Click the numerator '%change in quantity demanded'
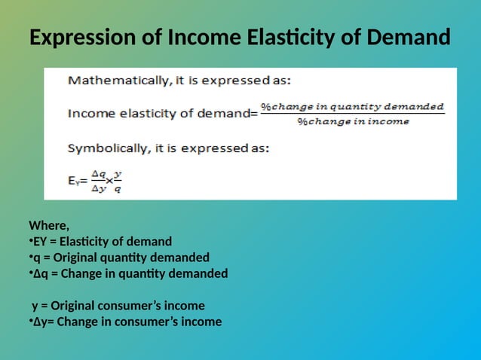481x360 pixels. tap(352, 106)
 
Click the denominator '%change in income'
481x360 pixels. tap(353, 121)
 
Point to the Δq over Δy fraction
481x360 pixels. tap(99, 182)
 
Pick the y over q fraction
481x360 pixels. tap(118, 182)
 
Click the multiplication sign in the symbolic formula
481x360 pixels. tap(109, 182)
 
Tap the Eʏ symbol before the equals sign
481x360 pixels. tap(74, 182)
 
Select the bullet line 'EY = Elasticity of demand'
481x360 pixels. tap(102, 241)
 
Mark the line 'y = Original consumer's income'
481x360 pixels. tap(118, 306)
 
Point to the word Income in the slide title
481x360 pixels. tap(201, 37)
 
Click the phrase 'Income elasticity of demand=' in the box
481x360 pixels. tap(162, 114)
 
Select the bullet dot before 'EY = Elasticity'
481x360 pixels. tap(30, 241)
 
